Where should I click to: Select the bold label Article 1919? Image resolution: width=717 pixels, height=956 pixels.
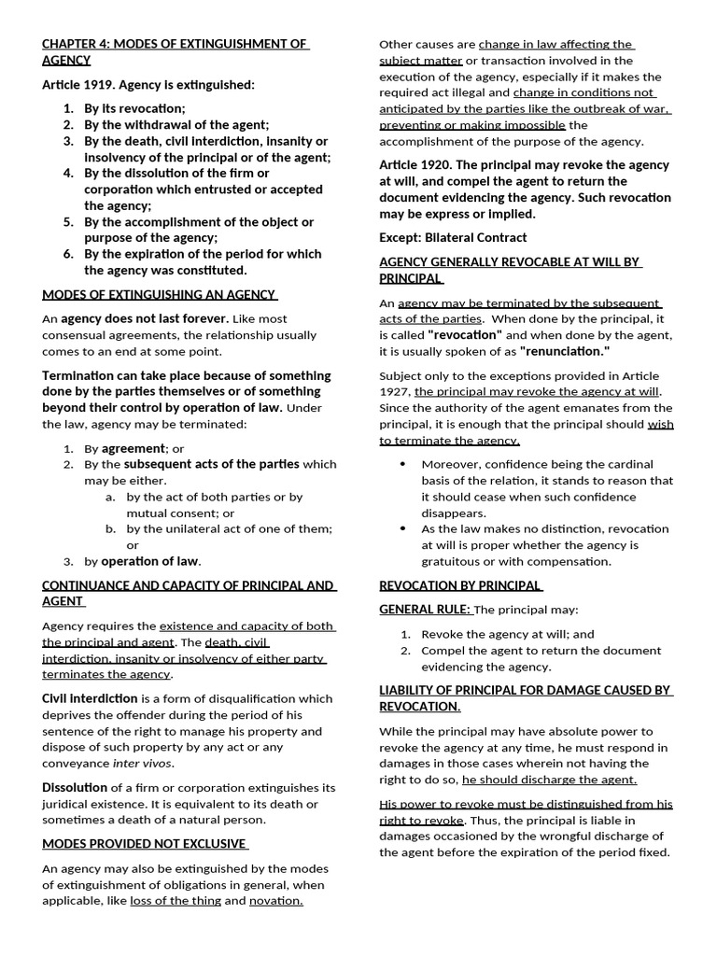point(81,85)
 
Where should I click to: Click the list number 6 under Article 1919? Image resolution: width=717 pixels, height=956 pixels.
point(68,254)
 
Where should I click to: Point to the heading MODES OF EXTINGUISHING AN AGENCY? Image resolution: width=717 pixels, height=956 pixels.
point(159,295)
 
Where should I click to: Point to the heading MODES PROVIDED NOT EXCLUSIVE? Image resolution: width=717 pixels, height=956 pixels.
point(145,844)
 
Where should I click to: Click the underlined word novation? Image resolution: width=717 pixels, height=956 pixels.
point(276,901)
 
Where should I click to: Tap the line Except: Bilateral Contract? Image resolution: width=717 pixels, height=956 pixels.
point(453,237)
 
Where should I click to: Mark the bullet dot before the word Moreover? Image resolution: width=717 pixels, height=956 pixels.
point(402,464)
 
